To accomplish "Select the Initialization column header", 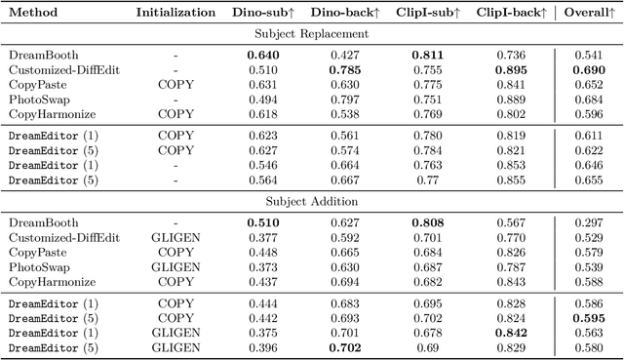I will click(x=175, y=14).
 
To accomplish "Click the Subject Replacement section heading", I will click(x=311, y=34).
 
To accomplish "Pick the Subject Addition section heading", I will click(x=311, y=202).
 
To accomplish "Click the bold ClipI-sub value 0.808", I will click(x=427, y=223).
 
